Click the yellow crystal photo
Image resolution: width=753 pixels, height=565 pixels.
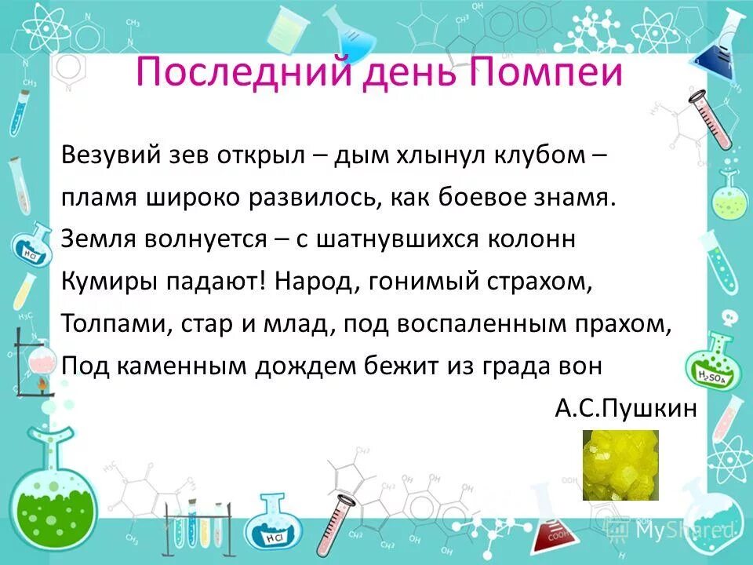coord(620,465)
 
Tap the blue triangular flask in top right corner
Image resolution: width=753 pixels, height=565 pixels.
coord(721,50)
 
